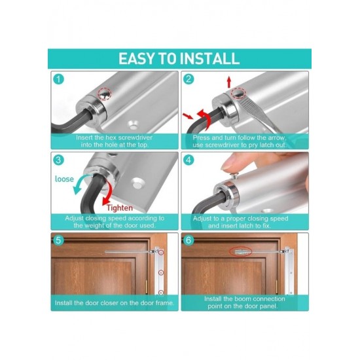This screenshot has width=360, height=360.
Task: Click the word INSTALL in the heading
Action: (x=209, y=59)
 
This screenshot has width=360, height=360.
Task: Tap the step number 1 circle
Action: (x=58, y=79)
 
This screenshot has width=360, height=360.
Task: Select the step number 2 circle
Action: (x=189, y=79)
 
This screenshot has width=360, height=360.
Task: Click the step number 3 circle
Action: (x=58, y=160)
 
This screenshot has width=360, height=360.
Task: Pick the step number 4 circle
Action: (x=189, y=160)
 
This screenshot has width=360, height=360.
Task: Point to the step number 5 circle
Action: (x=58, y=240)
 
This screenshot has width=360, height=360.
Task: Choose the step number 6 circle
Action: (x=189, y=240)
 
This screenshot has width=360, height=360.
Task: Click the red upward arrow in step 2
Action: (x=228, y=82)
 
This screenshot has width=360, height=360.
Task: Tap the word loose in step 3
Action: (x=64, y=179)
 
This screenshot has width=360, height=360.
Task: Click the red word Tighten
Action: (x=120, y=208)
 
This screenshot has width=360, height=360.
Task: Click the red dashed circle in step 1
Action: (x=105, y=94)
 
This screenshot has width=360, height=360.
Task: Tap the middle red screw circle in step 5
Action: (x=161, y=272)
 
